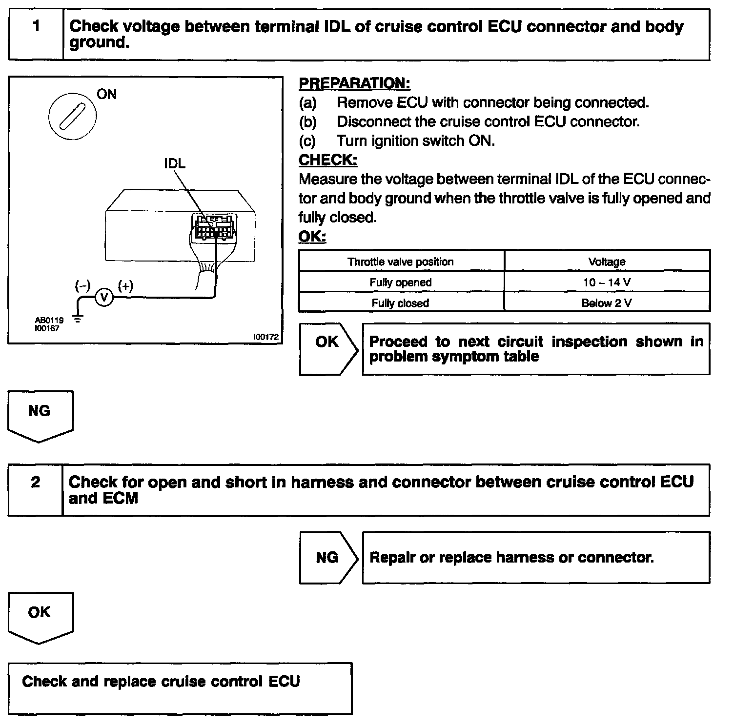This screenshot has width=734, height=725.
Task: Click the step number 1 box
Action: (x=36, y=34)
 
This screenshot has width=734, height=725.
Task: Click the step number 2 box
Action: (x=36, y=489)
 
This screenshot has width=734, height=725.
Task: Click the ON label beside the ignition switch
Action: (x=106, y=94)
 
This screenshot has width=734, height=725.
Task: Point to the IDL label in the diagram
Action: (x=175, y=163)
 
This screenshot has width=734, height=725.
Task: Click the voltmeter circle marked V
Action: (x=103, y=297)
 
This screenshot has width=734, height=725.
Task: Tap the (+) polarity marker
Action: (x=125, y=286)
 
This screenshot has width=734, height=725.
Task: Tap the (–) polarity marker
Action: (x=82, y=286)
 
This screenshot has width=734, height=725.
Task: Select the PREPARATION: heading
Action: (x=354, y=83)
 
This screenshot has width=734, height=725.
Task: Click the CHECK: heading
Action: (x=327, y=160)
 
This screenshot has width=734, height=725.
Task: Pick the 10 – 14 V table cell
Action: (x=607, y=282)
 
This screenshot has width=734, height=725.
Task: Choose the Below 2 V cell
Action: (x=607, y=302)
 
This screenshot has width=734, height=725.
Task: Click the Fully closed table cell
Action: (x=400, y=302)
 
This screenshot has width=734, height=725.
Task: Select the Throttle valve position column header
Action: (x=400, y=262)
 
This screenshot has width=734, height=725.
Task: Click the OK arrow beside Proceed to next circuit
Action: (x=328, y=348)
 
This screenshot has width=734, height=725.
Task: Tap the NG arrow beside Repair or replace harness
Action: (x=328, y=557)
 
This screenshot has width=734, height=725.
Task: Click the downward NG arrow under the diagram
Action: (x=40, y=415)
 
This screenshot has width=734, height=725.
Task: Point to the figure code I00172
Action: (x=265, y=337)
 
